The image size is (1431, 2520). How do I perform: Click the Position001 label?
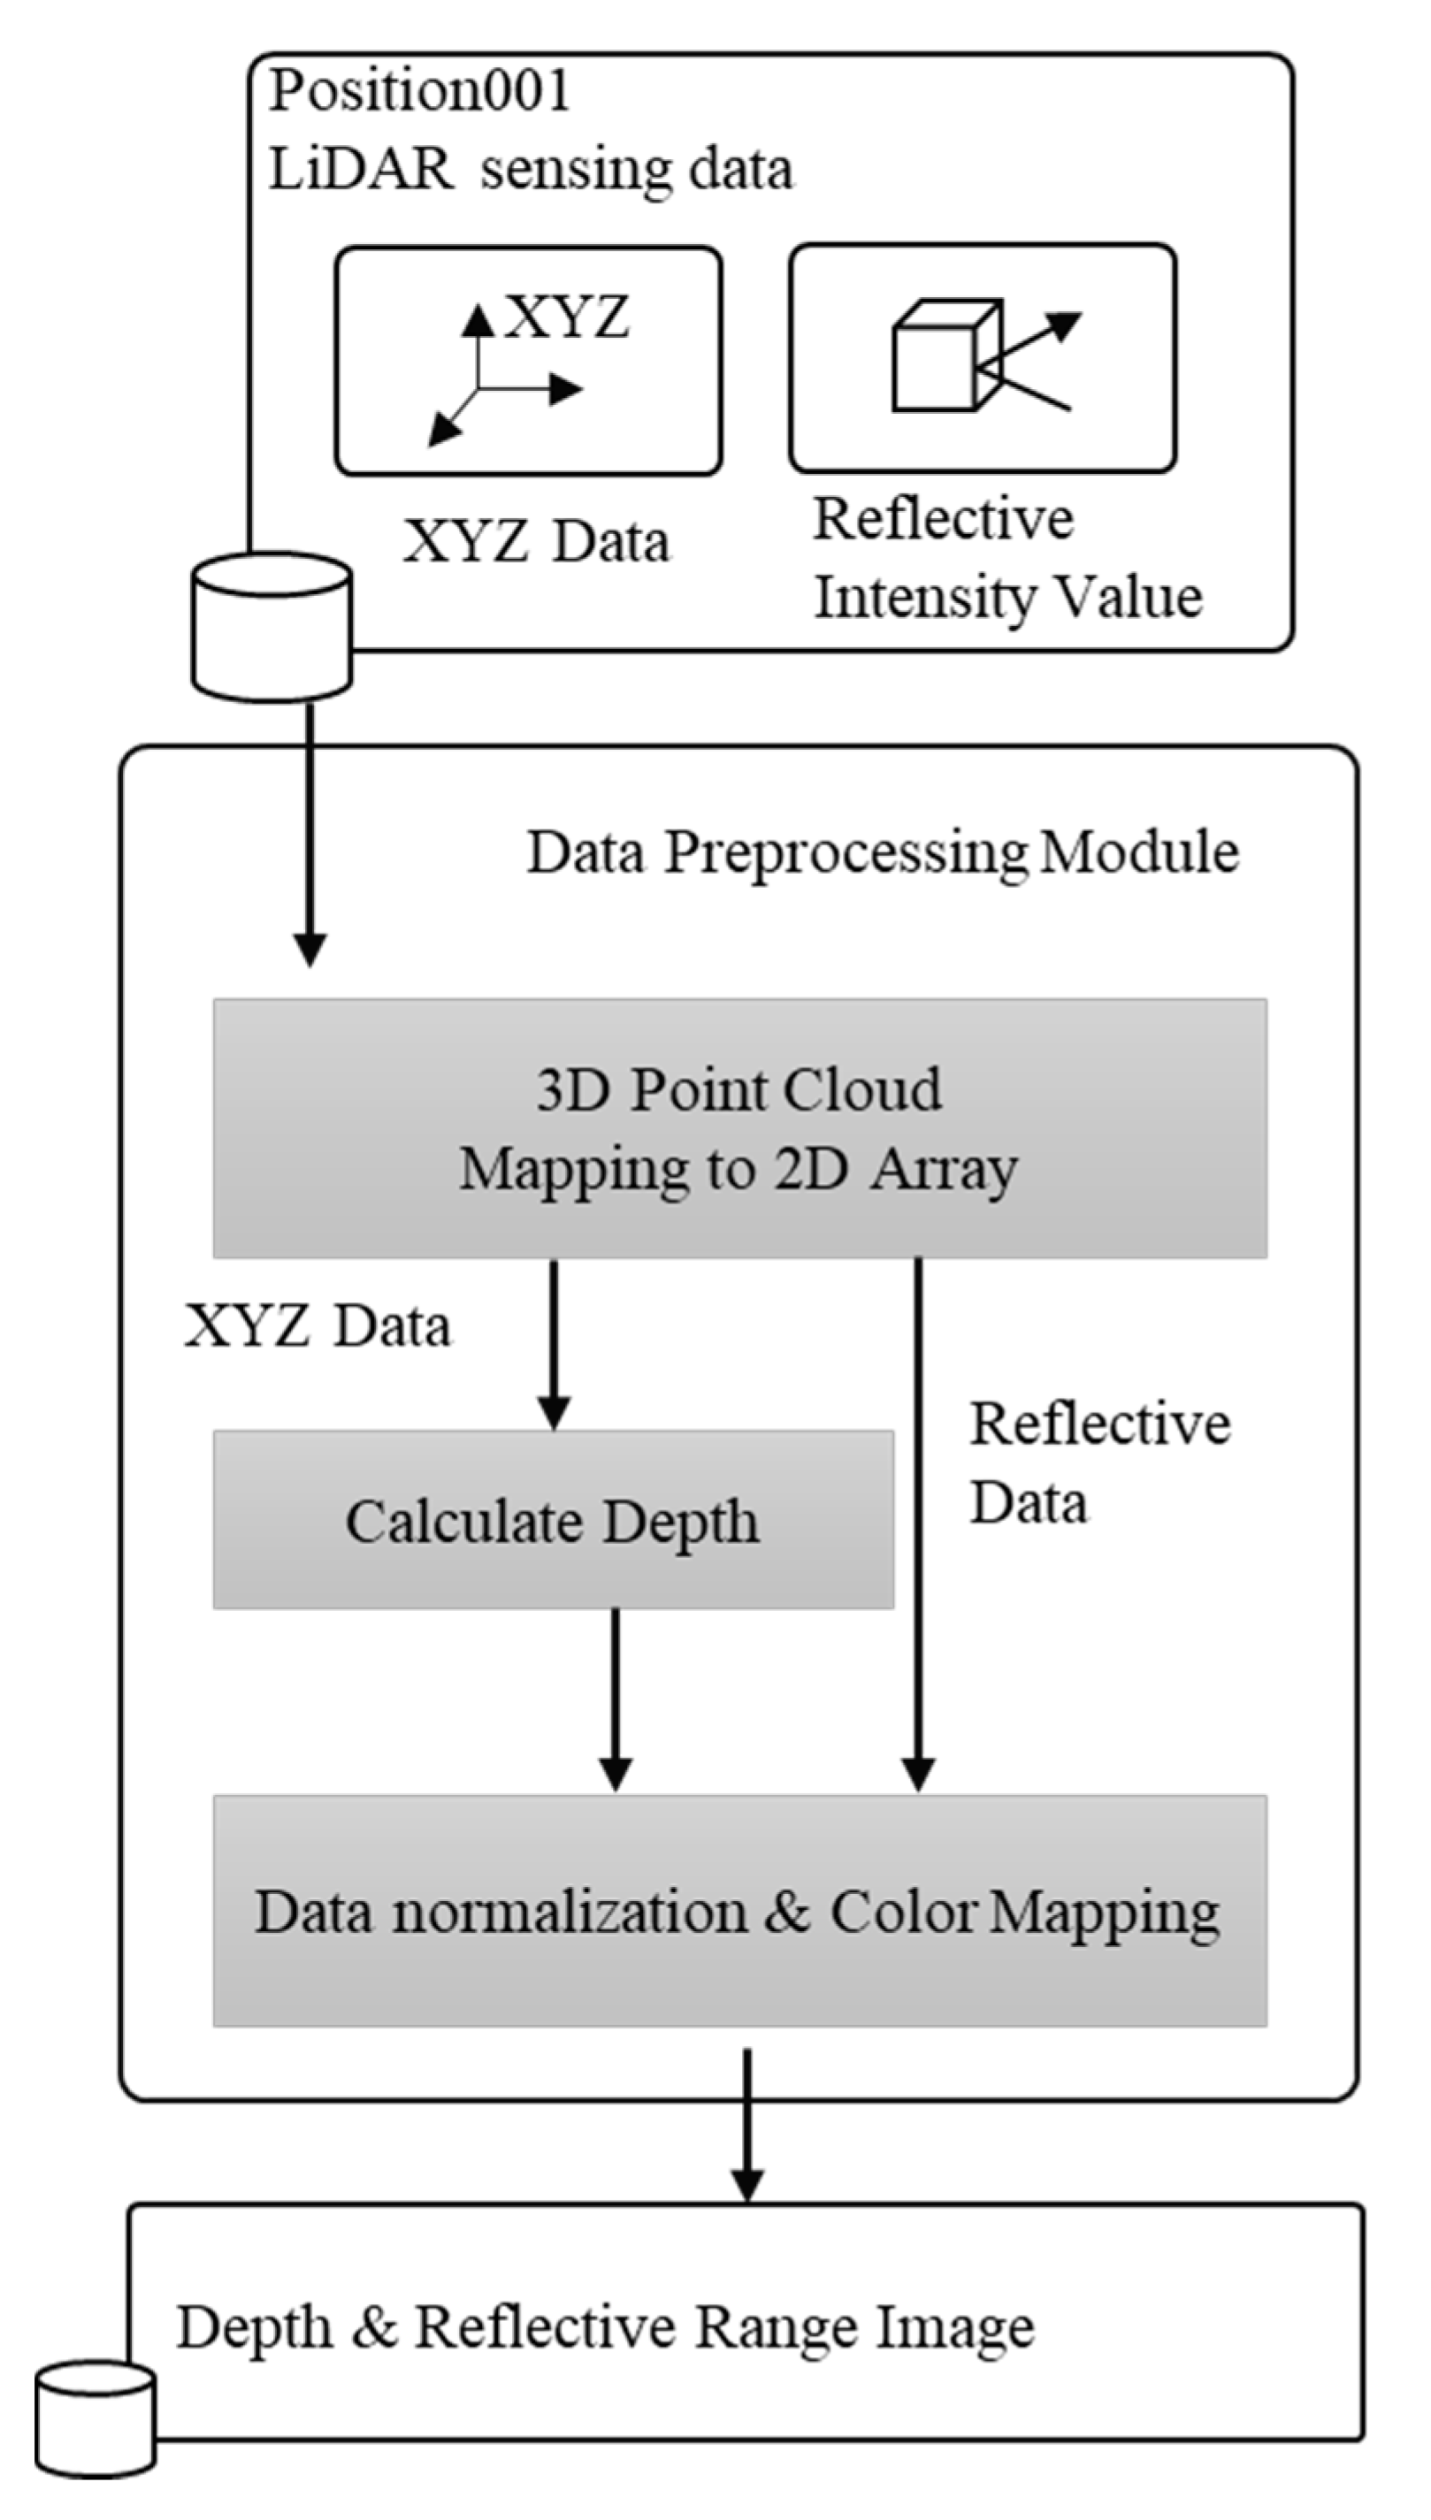420,91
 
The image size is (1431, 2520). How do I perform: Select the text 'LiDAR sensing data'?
531,169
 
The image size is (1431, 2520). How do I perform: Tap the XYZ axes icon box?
529,362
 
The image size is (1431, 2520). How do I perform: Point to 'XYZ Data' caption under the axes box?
537,541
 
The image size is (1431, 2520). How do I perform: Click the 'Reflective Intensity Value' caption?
1006,558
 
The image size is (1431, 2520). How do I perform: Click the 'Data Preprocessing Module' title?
882,851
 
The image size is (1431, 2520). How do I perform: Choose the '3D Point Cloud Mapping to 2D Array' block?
739,1129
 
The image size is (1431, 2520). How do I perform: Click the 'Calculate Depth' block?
553,1522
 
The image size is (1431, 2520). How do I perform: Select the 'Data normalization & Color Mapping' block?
739,1912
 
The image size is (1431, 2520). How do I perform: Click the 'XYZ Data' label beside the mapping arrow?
318,1326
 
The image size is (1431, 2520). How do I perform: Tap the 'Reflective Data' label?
1098,1462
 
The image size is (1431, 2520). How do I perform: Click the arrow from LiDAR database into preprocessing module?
310,835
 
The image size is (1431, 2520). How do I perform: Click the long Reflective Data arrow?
918,1523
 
